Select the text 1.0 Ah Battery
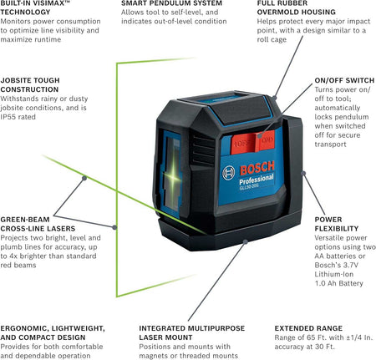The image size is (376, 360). point(338,283)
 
